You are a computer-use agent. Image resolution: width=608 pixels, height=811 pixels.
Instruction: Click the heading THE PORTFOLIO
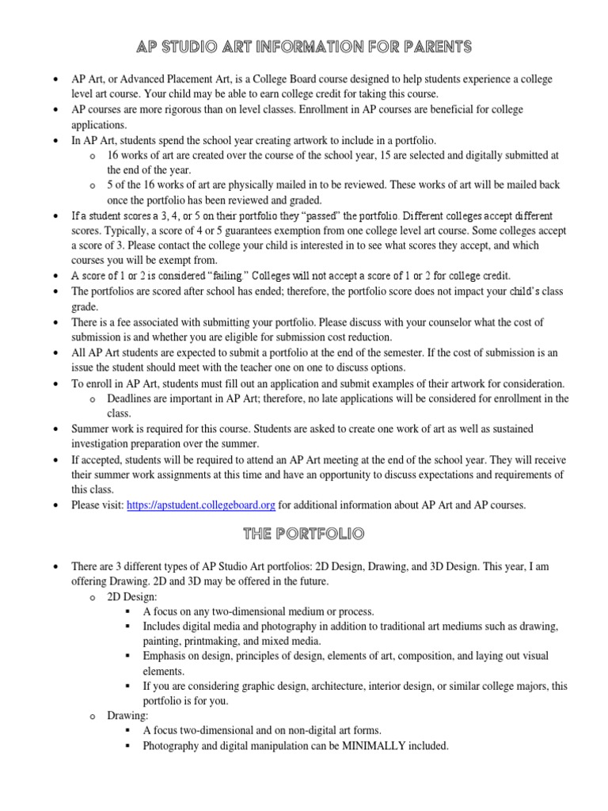tap(303, 535)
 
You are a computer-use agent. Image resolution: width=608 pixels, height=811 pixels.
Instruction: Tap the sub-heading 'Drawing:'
tap(127, 715)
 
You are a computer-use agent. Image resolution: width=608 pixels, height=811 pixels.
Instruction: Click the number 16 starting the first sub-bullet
tap(113, 155)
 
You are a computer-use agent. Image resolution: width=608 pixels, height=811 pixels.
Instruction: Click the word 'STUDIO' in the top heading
tap(190, 48)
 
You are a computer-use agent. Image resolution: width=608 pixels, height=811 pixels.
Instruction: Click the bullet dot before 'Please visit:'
tap(54, 505)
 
